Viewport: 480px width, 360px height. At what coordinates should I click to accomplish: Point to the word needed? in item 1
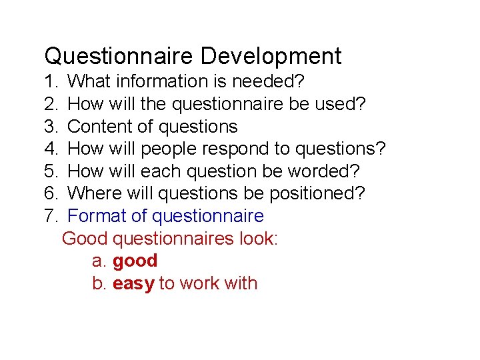click(x=269, y=81)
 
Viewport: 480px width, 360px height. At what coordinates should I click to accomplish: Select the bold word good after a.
click(x=135, y=261)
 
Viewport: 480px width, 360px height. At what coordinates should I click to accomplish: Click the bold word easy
click(x=133, y=283)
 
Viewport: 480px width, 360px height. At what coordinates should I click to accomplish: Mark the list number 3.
click(x=50, y=127)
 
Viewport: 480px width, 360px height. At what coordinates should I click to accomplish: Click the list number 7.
click(x=50, y=216)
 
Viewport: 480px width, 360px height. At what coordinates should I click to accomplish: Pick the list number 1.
click(x=50, y=81)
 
